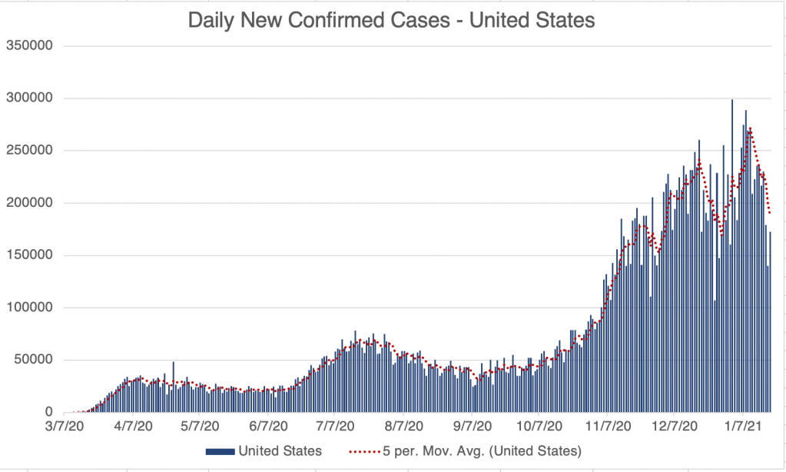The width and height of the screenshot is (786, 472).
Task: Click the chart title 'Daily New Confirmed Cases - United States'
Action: [x=392, y=21]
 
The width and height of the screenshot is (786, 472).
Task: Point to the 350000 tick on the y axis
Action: [x=28, y=45]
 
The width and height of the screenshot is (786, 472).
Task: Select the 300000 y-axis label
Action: [x=28, y=98]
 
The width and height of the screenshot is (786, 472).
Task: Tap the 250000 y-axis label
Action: [x=28, y=150]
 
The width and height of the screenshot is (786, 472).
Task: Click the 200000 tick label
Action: [x=28, y=203]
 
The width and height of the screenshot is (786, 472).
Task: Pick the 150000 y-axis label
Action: [x=28, y=255]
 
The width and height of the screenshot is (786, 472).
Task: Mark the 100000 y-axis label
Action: [x=28, y=307]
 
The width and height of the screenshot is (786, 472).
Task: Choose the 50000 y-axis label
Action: [x=32, y=360]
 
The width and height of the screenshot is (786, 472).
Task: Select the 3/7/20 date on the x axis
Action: [x=65, y=424]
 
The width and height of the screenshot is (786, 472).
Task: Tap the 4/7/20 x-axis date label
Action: [x=134, y=424]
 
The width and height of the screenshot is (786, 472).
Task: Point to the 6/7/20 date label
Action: [x=268, y=424]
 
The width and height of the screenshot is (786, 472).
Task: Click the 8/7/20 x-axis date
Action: [x=404, y=424]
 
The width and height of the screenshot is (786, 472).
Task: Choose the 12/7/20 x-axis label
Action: [x=674, y=424]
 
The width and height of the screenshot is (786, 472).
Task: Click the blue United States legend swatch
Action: [x=219, y=450]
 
